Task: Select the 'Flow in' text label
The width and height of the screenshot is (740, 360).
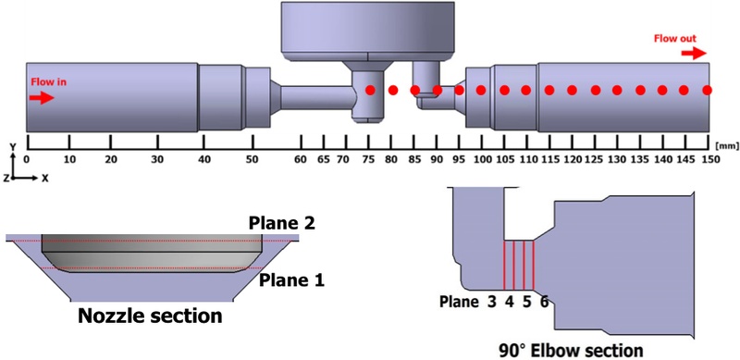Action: [48, 81]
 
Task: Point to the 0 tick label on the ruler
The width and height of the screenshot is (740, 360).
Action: [27, 159]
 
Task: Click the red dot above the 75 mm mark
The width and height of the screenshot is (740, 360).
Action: [370, 90]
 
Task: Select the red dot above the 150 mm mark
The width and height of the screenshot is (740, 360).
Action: [709, 90]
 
